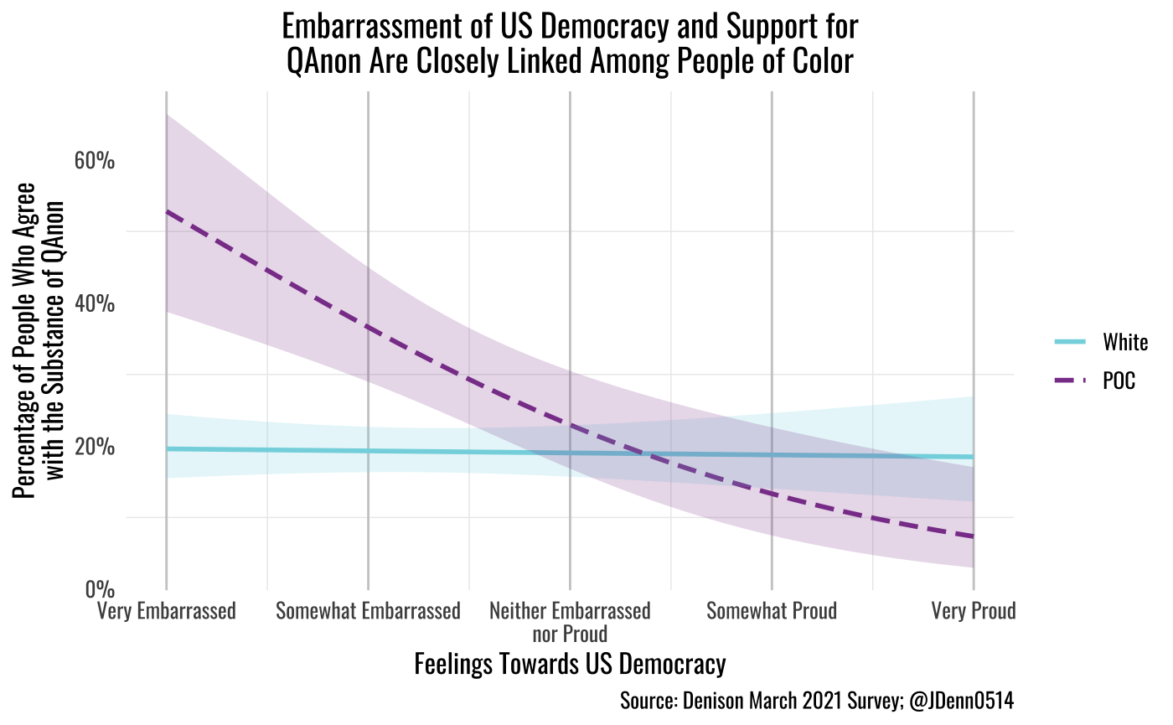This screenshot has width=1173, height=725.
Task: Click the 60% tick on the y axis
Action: coord(95,160)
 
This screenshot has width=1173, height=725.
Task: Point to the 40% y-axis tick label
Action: coord(95,303)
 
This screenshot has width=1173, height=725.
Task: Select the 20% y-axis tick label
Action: coord(95,447)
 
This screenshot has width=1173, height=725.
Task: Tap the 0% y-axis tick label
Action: coord(100,589)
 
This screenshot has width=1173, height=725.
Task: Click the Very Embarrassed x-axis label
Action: coord(167,611)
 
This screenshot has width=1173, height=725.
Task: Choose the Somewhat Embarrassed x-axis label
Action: coord(368,611)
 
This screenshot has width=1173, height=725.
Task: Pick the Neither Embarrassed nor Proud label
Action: coord(570,621)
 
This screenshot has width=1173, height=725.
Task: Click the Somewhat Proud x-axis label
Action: coord(771,611)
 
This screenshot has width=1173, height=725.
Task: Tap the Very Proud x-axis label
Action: coord(974,611)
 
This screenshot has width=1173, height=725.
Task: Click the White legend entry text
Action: coord(1125,342)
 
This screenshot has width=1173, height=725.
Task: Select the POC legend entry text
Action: coord(1119,381)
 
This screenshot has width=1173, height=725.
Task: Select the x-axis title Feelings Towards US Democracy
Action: coord(570,665)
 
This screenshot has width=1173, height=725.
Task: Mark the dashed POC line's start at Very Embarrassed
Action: coord(167,211)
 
